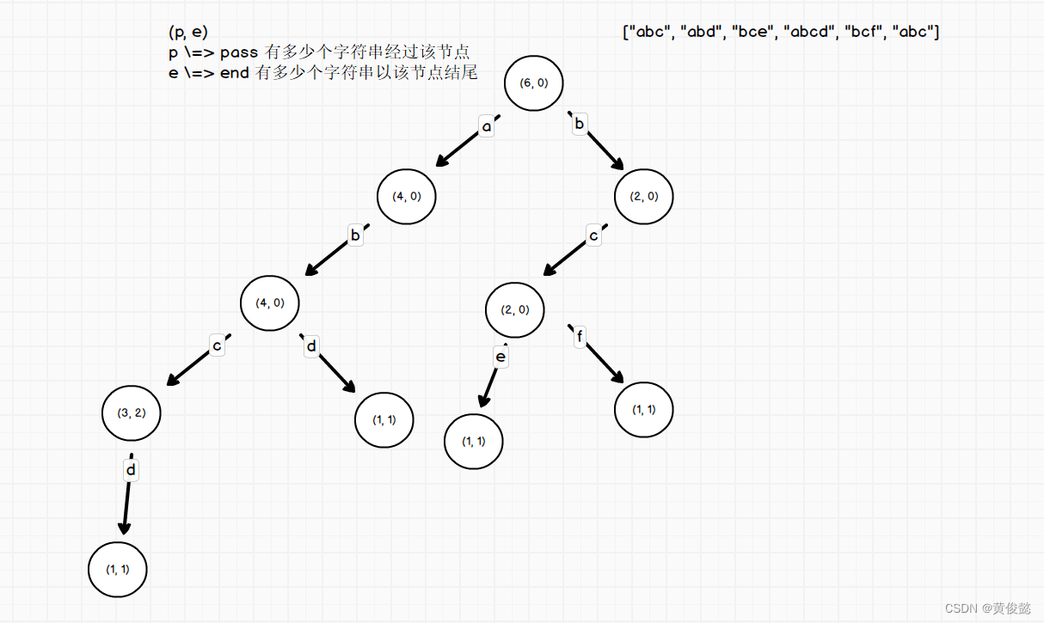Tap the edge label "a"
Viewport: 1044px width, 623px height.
pyautogui.click(x=487, y=127)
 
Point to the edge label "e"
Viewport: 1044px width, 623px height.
pyautogui.click(x=501, y=357)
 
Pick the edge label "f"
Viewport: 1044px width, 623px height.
pyautogui.click(x=580, y=337)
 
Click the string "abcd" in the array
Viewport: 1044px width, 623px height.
pyautogui.click(x=807, y=33)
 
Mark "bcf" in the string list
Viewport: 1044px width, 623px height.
pyautogui.click(x=863, y=33)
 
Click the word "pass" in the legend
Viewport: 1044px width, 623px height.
pyautogui.click(x=239, y=53)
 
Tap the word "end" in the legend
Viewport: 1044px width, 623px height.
pyautogui.click(x=234, y=73)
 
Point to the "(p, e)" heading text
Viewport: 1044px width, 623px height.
pyautogui.click(x=188, y=33)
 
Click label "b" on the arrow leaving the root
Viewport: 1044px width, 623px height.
pyautogui.click(x=580, y=125)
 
